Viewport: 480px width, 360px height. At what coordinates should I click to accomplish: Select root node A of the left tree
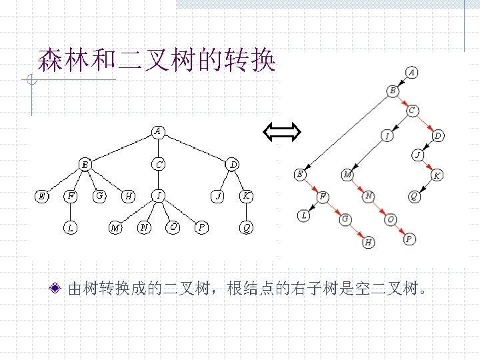click(158, 131)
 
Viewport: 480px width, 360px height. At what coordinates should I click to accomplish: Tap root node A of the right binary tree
click(412, 72)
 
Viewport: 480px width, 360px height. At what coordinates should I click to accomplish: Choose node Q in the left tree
click(247, 228)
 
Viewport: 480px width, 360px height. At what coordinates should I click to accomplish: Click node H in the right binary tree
click(369, 243)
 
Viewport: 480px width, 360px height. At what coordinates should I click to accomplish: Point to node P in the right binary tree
click(409, 238)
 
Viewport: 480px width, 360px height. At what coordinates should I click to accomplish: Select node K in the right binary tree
click(437, 175)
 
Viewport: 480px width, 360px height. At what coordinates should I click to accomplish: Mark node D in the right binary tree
click(437, 136)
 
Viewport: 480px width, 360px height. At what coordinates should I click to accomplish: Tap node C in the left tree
click(158, 163)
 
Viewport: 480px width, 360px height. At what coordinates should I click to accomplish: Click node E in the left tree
click(42, 196)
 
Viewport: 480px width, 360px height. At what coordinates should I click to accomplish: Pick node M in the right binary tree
click(348, 175)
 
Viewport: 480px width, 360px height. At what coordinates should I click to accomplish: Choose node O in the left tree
click(173, 227)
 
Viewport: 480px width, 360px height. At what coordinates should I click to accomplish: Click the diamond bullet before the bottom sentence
click(57, 289)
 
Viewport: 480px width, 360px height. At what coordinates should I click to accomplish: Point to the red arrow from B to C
click(403, 100)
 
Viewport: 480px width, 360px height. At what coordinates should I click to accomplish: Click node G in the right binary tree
click(345, 218)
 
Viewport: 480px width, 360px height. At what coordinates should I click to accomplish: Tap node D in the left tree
click(233, 163)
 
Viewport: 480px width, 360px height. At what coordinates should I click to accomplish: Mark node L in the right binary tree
click(304, 215)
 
